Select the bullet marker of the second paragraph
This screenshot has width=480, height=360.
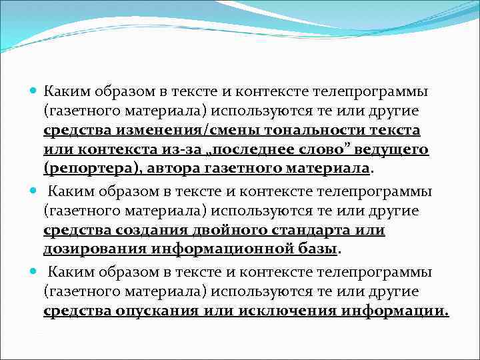pos(34,191)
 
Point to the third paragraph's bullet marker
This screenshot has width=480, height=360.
pos(34,273)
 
